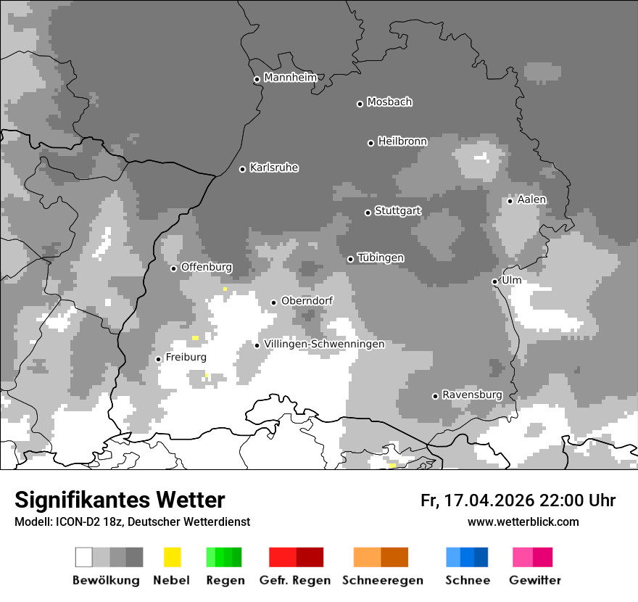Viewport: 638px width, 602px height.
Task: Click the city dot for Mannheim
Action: (257, 80)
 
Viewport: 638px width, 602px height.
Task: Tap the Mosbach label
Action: (389, 102)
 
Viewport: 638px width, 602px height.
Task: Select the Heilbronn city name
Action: (402, 141)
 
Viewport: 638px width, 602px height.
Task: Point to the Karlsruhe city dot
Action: (243, 169)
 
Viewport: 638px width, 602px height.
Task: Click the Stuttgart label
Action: (397, 211)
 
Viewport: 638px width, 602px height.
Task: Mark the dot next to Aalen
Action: (510, 201)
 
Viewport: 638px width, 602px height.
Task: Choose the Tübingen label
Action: (381, 258)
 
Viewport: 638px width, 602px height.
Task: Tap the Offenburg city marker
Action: (174, 268)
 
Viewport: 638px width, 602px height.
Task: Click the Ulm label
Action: (511, 280)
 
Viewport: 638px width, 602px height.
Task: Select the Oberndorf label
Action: (307, 301)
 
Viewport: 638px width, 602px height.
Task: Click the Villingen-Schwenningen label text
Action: (324, 344)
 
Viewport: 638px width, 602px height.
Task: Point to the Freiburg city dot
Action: (159, 359)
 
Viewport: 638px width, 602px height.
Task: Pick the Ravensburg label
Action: (472, 395)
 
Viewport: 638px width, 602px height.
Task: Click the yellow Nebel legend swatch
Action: (172, 557)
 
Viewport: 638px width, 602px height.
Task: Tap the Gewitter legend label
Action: (535, 580)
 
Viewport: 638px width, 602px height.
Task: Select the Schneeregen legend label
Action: (382, 580)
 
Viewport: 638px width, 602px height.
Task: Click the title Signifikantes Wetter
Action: (120, 500)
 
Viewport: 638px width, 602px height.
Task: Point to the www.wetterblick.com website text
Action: (523, 521)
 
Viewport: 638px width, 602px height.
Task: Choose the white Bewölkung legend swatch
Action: (84, 557)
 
